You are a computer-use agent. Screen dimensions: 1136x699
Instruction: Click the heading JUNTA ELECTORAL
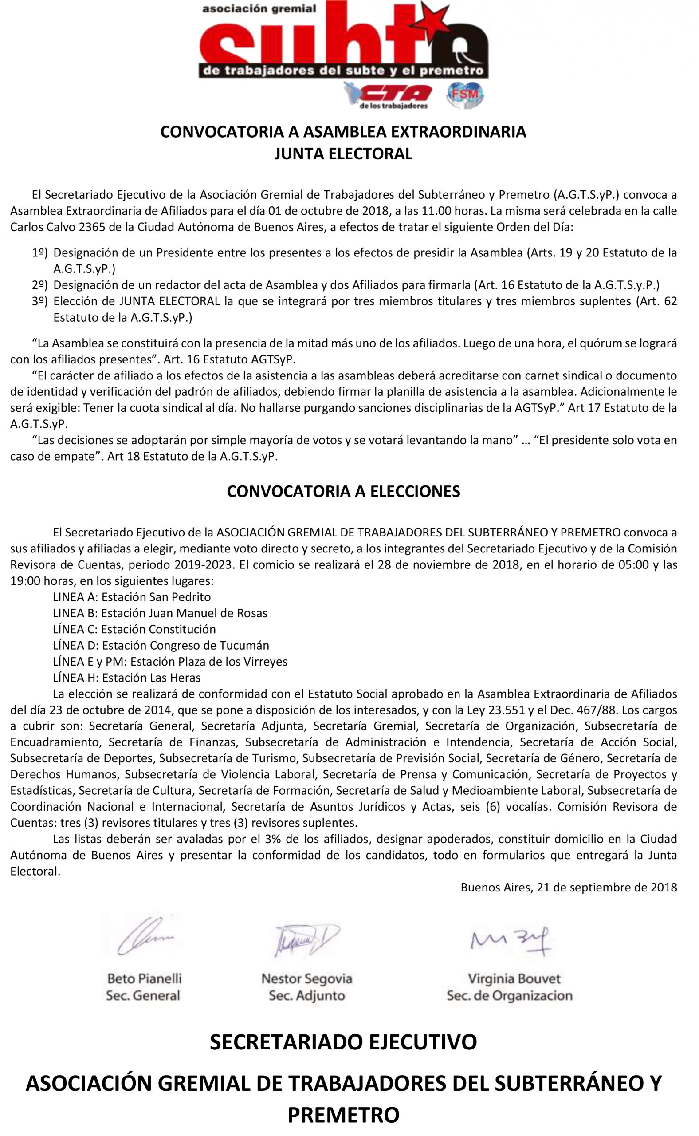tap(343, 154)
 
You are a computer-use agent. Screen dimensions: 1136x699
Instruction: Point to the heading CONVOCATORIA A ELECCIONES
tap(343, 491)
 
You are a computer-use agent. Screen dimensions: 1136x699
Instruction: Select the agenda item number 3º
tap(40, 302)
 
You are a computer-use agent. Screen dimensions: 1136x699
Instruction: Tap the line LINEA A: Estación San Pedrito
tap(132, 597)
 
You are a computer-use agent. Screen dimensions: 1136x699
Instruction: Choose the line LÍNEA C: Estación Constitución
tap(134, 630)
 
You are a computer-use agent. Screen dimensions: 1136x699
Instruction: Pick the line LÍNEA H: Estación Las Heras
tap(127, 678)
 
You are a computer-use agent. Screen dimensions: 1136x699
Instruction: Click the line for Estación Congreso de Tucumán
tap(161, 646)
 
